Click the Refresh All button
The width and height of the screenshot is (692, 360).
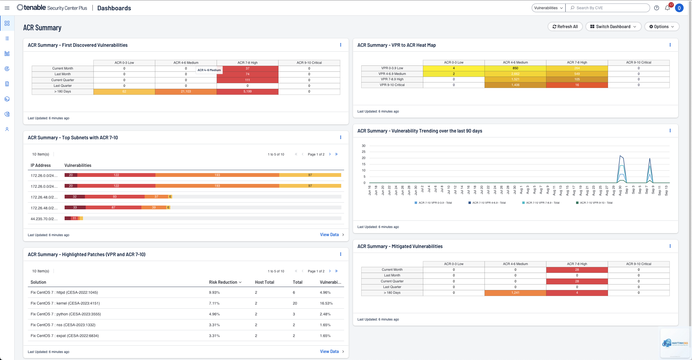click(565, 27)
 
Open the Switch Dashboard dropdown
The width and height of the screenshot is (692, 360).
click(613, 27)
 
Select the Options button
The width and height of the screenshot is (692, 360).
click(661, 27)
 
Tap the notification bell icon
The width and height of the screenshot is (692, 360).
click(667, 8)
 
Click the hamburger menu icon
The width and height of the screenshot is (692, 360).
click(7, 8)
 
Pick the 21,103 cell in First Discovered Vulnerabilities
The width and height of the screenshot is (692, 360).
click(186, 91)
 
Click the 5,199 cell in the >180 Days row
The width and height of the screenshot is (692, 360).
click(247, 91)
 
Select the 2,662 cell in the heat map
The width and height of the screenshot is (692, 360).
click(515, 74)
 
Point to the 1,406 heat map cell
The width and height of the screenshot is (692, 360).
click(515, 85)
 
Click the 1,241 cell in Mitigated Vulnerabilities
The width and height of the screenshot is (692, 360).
click(515, 293)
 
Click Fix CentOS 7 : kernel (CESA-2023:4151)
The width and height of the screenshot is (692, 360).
click(65, 303)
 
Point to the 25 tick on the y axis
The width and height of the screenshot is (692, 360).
click(364, 152)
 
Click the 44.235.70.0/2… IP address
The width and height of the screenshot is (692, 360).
click(44, 219)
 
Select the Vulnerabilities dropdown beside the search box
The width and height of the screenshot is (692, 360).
click(548, 8)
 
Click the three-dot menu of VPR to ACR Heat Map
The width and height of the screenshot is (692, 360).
click(670, 45)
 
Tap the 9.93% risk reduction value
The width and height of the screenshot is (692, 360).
click(214, 292)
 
